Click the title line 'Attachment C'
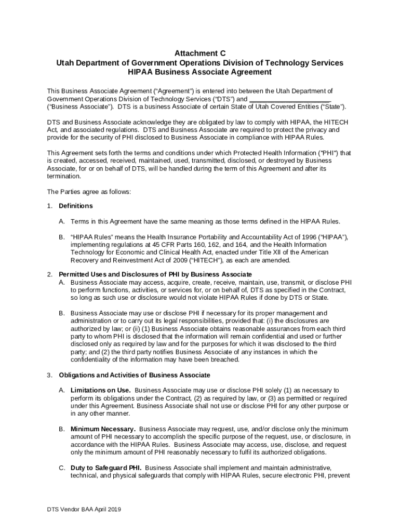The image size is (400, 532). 199,53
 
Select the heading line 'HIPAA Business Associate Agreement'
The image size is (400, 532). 199,72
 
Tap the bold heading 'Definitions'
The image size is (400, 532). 76,206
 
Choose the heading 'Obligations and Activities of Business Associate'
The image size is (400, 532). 135,375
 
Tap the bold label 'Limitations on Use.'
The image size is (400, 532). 101,390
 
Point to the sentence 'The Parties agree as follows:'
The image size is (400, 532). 89,192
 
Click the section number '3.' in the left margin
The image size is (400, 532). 50,375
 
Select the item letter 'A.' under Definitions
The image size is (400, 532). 62,221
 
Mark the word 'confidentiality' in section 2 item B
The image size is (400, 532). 92,360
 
